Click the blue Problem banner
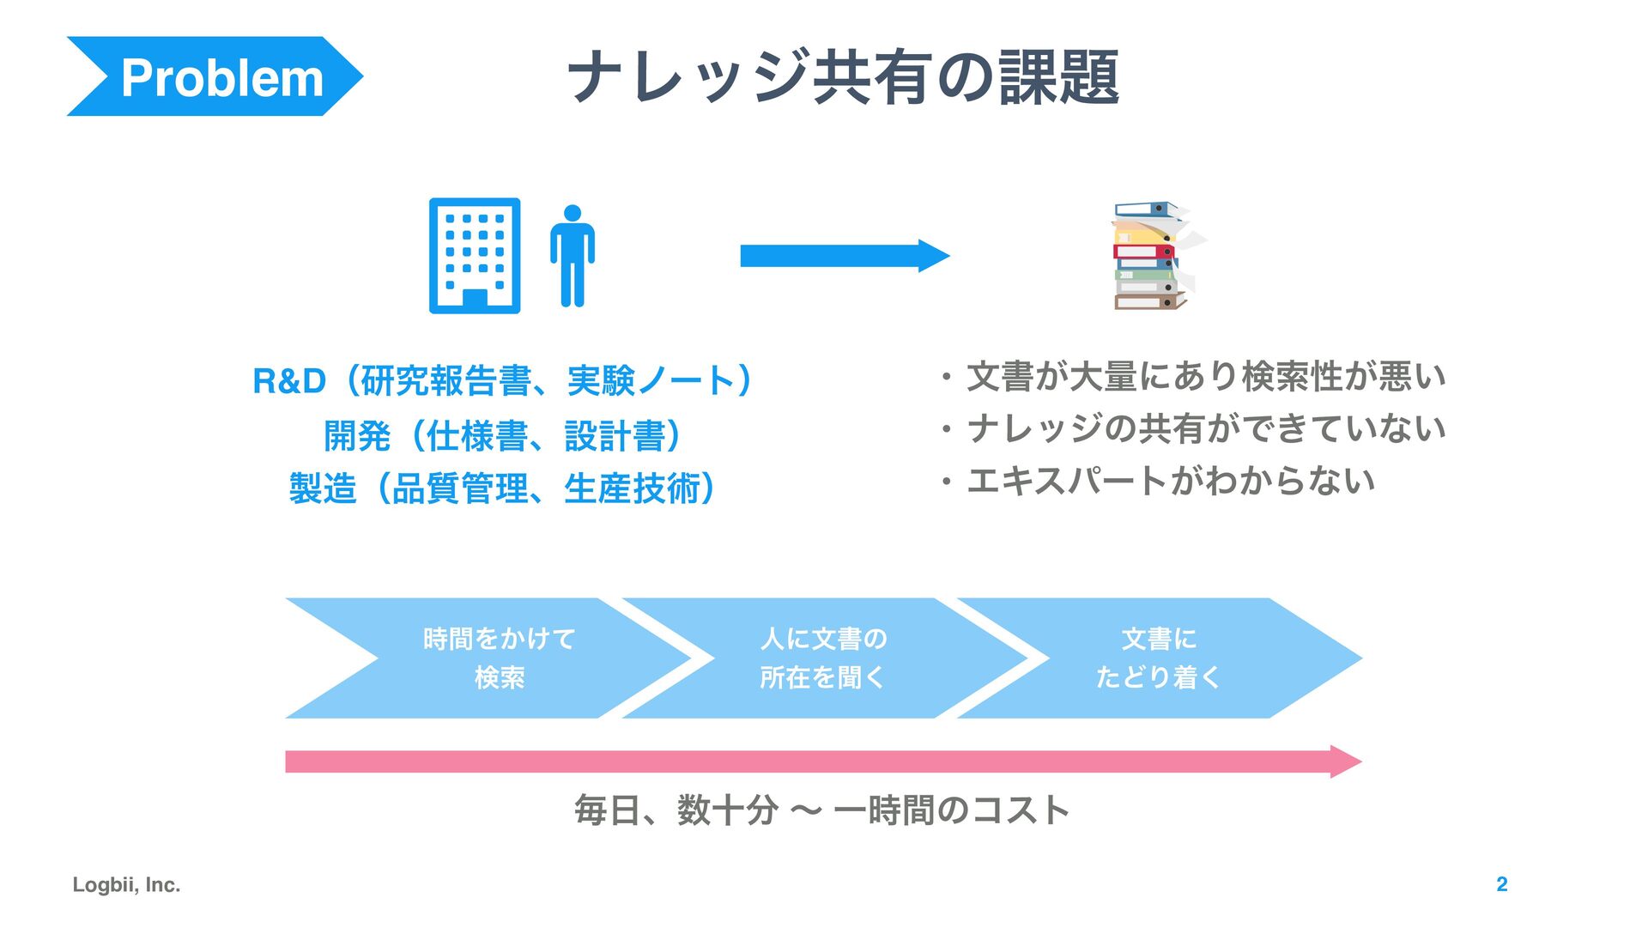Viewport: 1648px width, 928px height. point(215,76)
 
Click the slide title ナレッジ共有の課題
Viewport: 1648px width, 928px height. point(843,77)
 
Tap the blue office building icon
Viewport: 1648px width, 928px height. point(475,256)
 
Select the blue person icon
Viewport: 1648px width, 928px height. point(573,256)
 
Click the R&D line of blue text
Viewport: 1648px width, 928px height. point(503,380)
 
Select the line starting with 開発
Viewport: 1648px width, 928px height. point(503,435)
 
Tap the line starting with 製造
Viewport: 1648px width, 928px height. point(503,488)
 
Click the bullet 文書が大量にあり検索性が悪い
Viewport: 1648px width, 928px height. point(1205,377)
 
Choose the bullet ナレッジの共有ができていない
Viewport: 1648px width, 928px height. point(1205,428)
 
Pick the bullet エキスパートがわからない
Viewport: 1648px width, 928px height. point(1169,481)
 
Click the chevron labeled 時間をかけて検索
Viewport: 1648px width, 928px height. point(498,658)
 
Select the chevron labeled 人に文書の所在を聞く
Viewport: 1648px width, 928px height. point(822,658)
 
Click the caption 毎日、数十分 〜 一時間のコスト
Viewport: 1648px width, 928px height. point(822,810)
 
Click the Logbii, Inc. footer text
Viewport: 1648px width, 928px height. point(126,884)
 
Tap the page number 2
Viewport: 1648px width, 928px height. point(1501,884)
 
